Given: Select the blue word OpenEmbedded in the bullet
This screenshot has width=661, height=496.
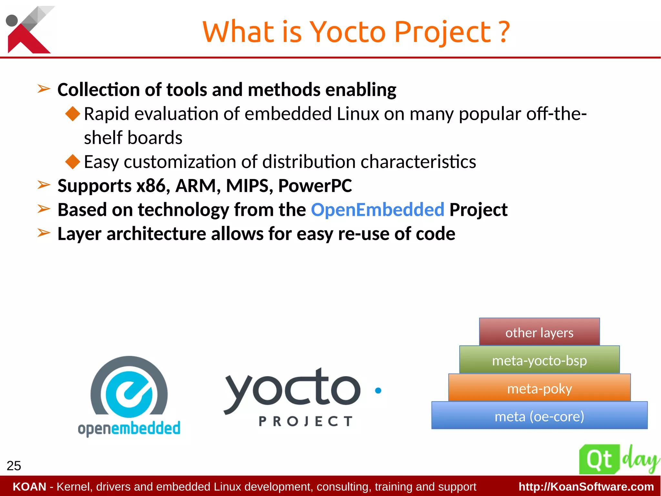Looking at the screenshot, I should (x=377, y=210).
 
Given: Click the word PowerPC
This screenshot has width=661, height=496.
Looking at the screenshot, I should (x=315, y=186).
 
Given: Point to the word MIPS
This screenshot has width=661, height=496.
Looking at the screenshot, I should (x=249, y=186).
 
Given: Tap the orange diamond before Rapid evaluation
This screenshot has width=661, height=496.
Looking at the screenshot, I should (x=73, y=114).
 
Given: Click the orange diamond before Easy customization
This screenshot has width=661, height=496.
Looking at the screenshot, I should (x=73, y=162).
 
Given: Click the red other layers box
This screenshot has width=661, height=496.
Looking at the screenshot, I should (x=539, y=332).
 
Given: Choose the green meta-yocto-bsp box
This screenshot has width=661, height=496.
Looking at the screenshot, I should (x=539, y=360).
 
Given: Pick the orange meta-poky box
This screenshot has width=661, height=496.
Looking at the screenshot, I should (x=539, y=388).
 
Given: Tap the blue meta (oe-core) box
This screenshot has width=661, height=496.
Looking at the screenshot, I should (x=539, y=416).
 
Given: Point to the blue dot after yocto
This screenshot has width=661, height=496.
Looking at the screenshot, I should (x=378, y=390).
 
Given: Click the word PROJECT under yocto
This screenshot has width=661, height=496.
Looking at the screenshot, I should (x=305, y=421).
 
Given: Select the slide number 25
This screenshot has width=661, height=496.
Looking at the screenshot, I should (x=14, y=466).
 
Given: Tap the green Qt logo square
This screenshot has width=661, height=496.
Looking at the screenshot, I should (x=599, y=459).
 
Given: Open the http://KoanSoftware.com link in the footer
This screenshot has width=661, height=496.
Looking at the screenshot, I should (x=586, y=487).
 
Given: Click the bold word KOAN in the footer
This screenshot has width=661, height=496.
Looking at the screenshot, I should (x=29, y=487).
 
